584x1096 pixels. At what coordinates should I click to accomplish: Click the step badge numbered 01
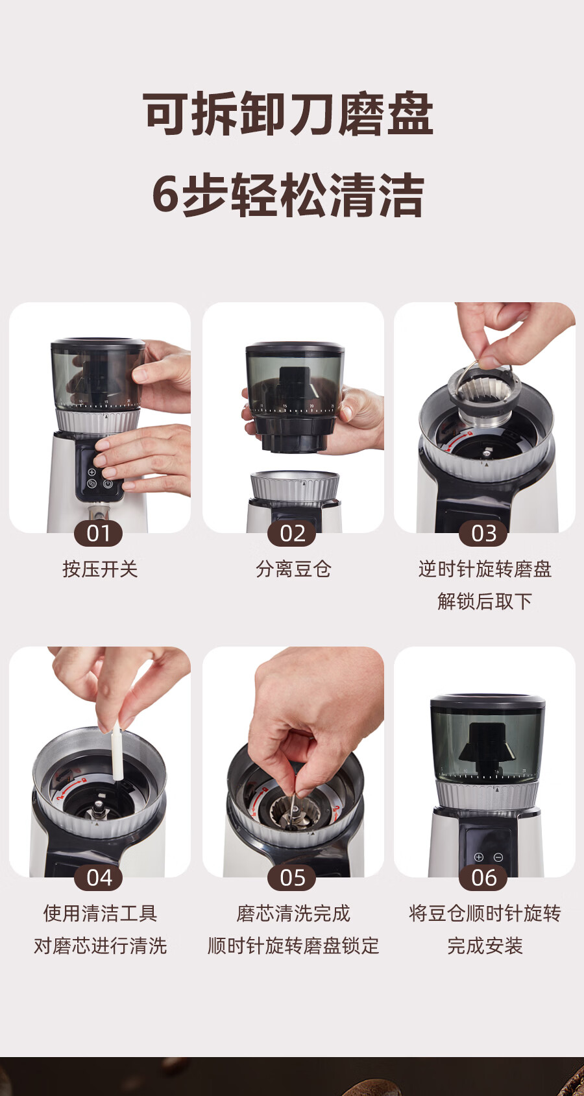click(98, 533)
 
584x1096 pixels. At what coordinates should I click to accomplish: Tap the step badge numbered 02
click(292, 533)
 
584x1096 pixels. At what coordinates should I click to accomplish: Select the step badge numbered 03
click(483, 533)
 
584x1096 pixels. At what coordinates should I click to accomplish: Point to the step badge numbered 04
click(98, 878)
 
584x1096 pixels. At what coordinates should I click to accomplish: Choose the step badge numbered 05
click(292, 878)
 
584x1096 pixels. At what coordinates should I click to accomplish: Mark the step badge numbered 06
click(483, 878)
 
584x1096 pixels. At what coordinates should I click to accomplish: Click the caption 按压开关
click(101, 569)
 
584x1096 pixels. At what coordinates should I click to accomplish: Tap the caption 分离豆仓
click(293, 569)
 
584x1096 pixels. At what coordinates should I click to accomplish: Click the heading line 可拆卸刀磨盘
click(288, 113)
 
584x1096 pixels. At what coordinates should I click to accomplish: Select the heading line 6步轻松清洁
click(288, 195)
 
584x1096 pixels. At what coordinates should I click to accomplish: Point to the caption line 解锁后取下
click(485, 601)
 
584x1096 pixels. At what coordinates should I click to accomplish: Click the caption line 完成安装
click(485, 946)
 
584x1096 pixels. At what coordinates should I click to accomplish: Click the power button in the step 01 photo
click(108, 483)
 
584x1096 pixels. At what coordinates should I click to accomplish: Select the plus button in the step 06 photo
click(479, 857)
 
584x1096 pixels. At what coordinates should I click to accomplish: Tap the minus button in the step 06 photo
click(498, 857)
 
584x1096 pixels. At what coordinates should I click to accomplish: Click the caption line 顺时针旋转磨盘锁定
click(293, 946)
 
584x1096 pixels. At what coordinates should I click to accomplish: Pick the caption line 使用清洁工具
click(101, 913)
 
